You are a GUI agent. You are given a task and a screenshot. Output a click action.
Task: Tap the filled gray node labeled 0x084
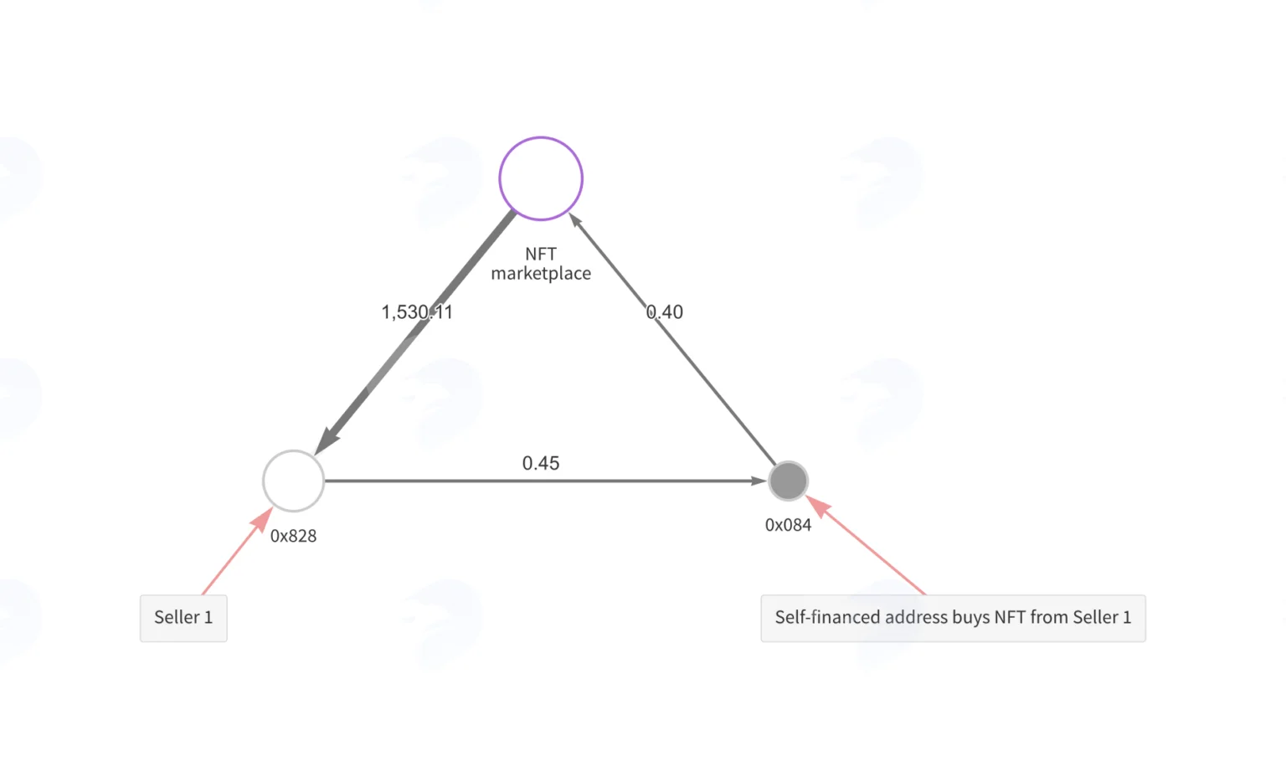pos(788,481)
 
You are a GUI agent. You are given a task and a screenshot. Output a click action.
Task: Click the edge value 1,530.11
pos(418,311)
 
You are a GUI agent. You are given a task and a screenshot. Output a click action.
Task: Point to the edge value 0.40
pos(664,311)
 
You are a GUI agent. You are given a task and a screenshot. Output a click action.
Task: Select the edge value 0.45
pos(541,463)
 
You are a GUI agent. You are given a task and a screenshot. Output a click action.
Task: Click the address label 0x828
pos(293,536)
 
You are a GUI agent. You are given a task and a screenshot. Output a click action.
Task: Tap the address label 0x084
pos(788,525)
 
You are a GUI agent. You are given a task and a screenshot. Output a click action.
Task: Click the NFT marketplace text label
pos(541,264)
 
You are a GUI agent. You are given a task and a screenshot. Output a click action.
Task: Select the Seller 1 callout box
pos(183,618)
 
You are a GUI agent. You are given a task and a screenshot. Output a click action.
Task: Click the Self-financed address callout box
pos(953,618)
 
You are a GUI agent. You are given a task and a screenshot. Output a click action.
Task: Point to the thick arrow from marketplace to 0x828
pos(414,332)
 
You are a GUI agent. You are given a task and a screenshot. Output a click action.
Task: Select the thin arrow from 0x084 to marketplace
pos(671,339)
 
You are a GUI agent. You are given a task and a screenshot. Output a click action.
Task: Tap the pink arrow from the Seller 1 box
pos(237,551)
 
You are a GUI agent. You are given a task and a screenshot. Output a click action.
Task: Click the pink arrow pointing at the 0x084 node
pos(865,545)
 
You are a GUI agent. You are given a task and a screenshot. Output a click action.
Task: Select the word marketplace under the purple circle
pos(541,273)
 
